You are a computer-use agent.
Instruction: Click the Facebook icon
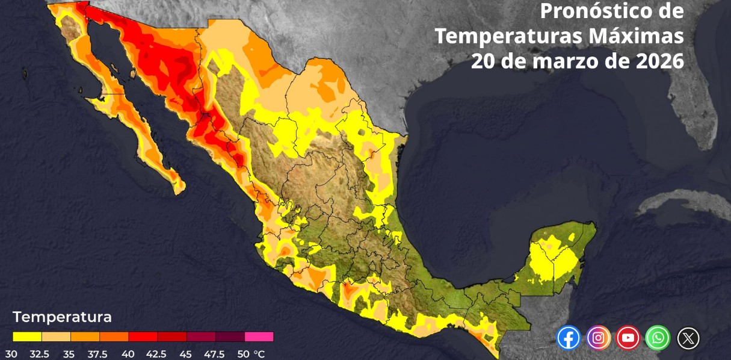pos(569,338)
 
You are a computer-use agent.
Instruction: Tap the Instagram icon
pos(598,338)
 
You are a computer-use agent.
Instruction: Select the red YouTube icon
pos(628,338)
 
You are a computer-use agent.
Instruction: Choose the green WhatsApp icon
pos(658,338)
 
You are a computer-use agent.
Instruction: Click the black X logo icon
pos(688,338)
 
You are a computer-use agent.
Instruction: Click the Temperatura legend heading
pos(62,317)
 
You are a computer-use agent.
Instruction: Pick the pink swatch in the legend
pos(259,337)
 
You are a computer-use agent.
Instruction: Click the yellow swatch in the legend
pos(27,337)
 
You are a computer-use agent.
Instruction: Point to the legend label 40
pos(128,354)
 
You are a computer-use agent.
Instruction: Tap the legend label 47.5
pos(214,354)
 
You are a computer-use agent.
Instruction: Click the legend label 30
pos(11,354)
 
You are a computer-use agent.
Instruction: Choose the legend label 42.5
pos(156,354)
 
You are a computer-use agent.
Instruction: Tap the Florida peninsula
pos(698,114)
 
